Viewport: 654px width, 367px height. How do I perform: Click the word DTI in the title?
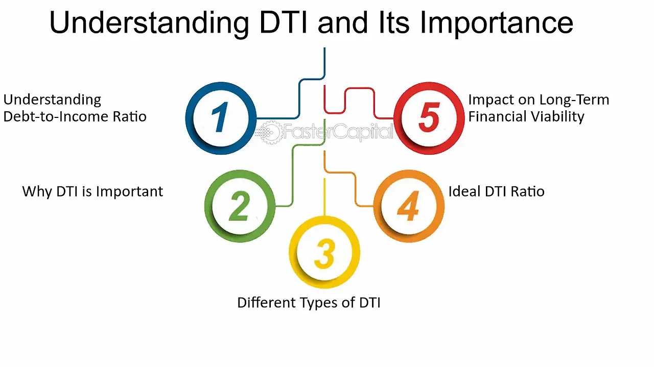[x=283, y=22]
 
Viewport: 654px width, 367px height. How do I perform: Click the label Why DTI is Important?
[x=92, y=192]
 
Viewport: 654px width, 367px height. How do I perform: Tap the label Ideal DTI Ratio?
[x=496, y=192]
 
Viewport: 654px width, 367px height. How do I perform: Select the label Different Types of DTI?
[x=309, y=303]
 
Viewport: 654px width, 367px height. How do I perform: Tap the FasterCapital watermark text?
[x=338, y=132]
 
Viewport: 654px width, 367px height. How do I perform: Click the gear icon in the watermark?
[x=271, y=132]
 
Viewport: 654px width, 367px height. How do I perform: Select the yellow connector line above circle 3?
[x=324, y=197]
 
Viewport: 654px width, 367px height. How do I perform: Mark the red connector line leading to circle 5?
[x=360, y=88]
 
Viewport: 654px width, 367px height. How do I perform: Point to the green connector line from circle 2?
[x=292, y=163]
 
